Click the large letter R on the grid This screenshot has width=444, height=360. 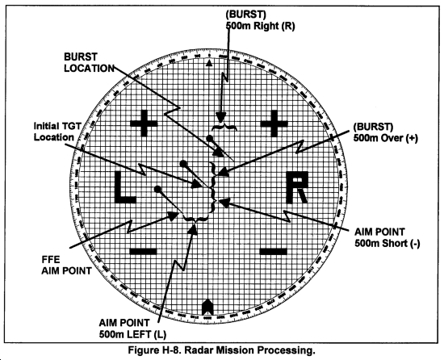pos(297,187)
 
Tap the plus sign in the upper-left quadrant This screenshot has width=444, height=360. pos(144,123)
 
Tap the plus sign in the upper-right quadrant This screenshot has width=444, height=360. pos(274,123)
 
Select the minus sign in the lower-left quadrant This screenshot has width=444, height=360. pos(143,251)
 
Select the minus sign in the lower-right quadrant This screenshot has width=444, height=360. pos(274,251)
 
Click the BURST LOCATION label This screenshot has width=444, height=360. pos(89,62)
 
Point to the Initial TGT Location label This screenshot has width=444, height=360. pos(57,132)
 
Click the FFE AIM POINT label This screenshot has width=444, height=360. pos(66,266)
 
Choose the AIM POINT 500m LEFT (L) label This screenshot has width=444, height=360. pos(132,329)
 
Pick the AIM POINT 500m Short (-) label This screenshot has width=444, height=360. pos(387,238)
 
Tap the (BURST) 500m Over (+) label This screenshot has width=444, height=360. pos(386,132)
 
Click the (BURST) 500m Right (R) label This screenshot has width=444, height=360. pos(260,20)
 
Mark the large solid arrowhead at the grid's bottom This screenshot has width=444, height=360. pos(207,307)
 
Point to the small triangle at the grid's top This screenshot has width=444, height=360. pos(209,64)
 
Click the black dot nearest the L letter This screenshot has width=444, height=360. pos(157,189)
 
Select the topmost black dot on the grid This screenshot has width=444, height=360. pos(210,138)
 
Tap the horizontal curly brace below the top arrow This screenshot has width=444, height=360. pos(224,127)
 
